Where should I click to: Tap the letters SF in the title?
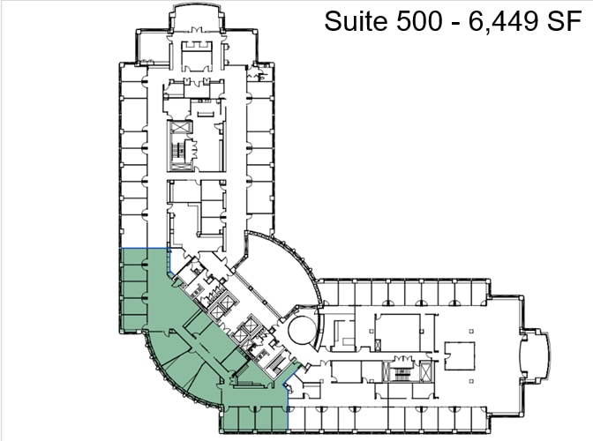(564, 21)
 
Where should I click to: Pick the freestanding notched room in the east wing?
(460, 352)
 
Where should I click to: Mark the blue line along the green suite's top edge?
(142, 248)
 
